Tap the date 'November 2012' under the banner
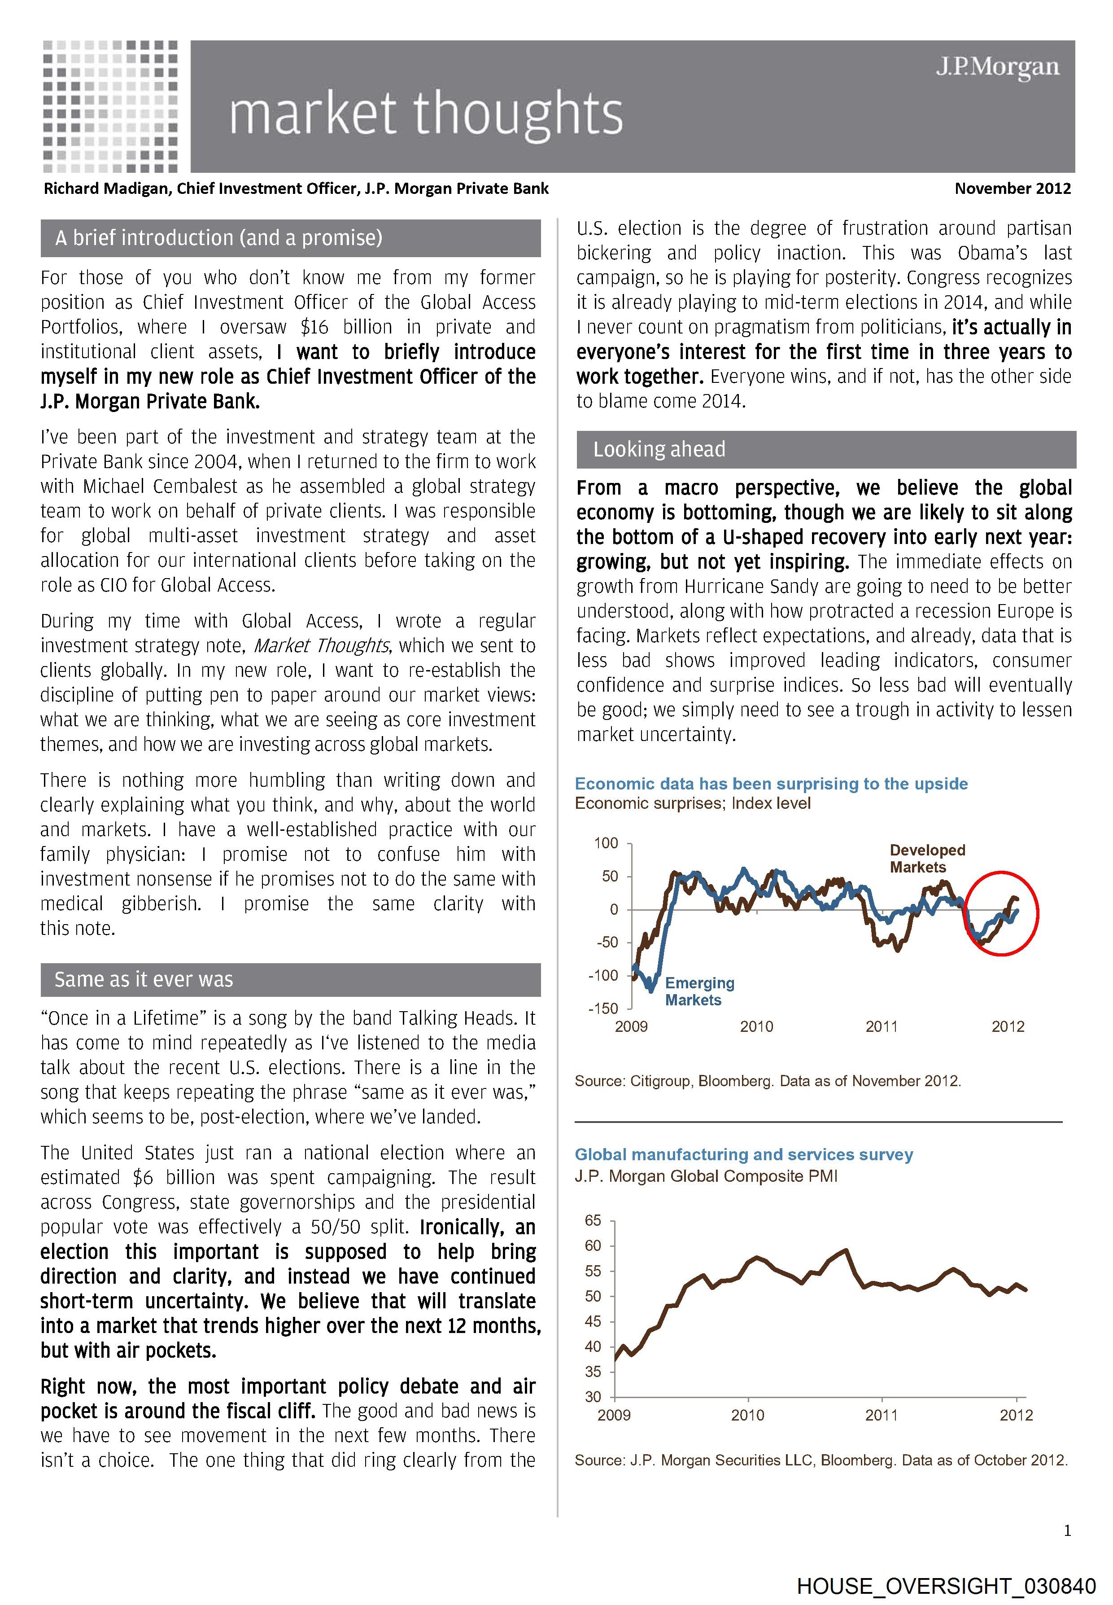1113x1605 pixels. click(x=1012, y=189)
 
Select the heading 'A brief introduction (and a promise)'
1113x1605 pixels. click(x=219, y=238)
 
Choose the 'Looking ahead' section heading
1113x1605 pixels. click(x=659, y=449)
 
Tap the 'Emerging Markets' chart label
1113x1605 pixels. click(x=699, y=991)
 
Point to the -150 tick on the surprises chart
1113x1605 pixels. click(x=603, y=1009)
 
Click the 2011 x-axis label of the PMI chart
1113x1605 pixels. click(x=882, y=1415)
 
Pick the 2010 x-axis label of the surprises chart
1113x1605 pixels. click(x=757, y=1027)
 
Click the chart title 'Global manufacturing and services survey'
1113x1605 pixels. click(x=743, y=1154)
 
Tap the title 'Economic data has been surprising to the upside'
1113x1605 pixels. click(x=771, y=784)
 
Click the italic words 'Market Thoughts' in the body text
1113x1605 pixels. click(x=321, y=646)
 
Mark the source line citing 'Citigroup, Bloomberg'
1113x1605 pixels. click(x=767, y=1081)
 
